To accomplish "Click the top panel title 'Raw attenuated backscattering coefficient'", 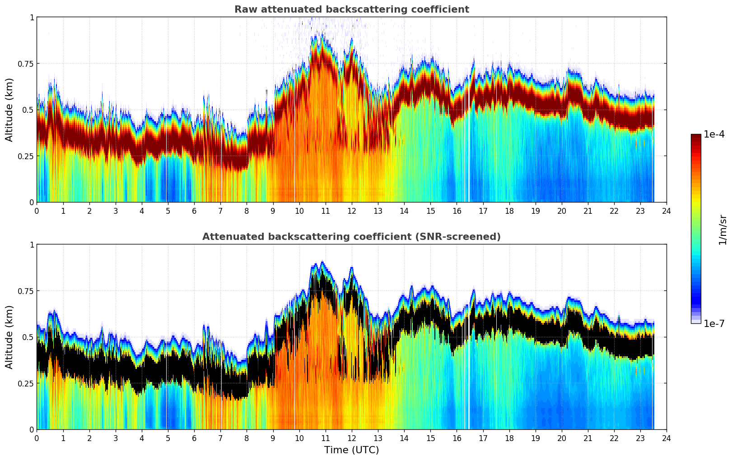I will click(x=351, y=9).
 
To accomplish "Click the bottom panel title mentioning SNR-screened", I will click(x=351, y=237).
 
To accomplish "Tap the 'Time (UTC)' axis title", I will click(x=351, y=450).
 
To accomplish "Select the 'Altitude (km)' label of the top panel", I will click(x=9, y=110).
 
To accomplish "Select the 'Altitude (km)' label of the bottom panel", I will click(x=9, y=337).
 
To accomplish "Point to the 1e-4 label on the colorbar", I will click(x=714, y=134).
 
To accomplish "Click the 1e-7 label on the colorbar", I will click(x=714, y=323).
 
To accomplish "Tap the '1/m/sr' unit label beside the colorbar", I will click(x=723, y=230).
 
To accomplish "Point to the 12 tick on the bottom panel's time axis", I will click(x=352, y=438).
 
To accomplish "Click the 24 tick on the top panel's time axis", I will click(x=667, y=211).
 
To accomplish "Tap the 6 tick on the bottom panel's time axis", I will click(x=194, y=438).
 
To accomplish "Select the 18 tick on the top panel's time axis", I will click(x=509, y=211).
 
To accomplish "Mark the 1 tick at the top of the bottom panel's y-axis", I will click(x=32, y=245).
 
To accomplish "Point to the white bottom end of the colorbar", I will click(x=696, y=321).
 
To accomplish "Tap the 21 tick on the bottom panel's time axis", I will click(x=588, y=438).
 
